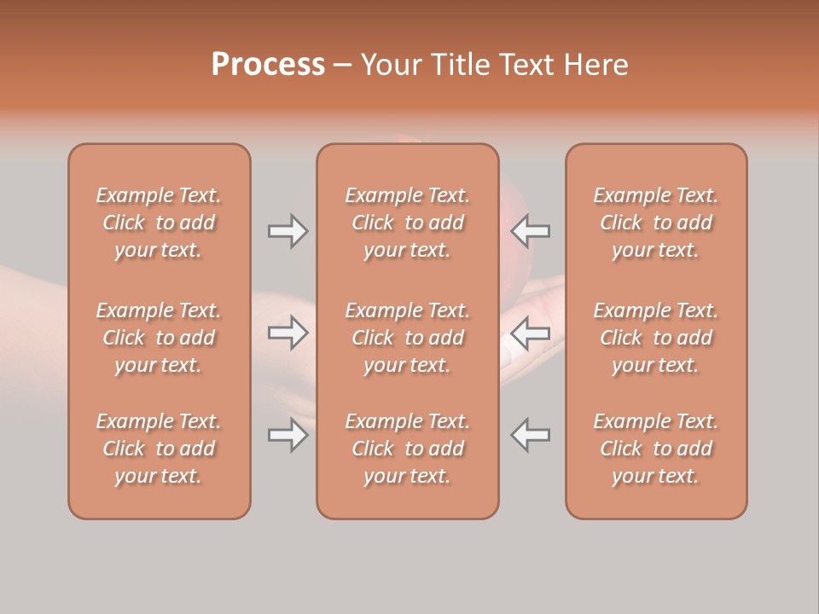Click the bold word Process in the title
click(x=268, y=65)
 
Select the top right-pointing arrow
click(x=288, y=231)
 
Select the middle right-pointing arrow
click(x=288, y=333)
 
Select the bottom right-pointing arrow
click(x=288, y=436)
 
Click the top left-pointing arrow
click(x=531, y=230)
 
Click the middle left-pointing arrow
click(x=531, y=333)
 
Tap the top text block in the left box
click(x=159, y=223)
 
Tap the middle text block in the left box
click(x=159, y=338)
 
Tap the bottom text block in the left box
click(x=159, y=449)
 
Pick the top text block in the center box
click(x=408, y=223)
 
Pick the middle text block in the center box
click(x=408, y=338)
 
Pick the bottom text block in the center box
click(x=408, y=449)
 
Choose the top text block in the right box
click(x=656, y=223)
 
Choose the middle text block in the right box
click(x=656, y=338)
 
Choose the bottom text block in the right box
click(x=656, y=449)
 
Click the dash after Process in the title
click(x=341, y=66)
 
